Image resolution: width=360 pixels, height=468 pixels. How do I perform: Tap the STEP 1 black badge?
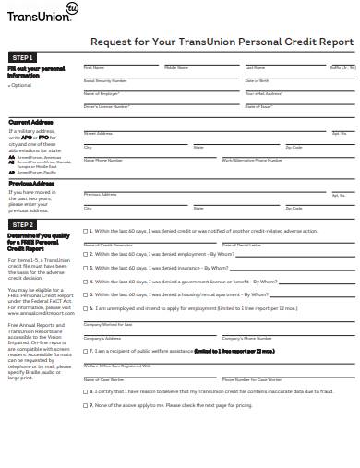[23, 57]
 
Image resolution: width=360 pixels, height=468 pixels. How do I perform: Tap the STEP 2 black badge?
[23, 224]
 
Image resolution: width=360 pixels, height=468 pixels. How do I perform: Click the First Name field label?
[93, 68]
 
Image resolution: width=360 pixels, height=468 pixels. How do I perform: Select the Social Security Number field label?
[104, 81]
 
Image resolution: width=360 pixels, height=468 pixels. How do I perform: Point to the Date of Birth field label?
[257, 81]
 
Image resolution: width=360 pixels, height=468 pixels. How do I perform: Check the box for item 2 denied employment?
[87, 254]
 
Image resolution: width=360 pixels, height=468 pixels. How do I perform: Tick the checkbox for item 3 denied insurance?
[87, 266]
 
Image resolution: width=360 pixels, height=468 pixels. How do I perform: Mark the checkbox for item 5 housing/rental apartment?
[87, 295]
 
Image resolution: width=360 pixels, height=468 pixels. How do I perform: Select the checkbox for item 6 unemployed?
[87, 308]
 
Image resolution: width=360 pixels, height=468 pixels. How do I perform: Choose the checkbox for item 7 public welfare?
[87, 352]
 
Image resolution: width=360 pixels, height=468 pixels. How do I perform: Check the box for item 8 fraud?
[87, 391]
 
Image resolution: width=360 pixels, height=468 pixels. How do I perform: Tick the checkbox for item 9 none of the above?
[87, 407]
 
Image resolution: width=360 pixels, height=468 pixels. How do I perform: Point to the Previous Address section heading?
[31, 183]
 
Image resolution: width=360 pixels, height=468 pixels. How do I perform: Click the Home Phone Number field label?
[103, 161]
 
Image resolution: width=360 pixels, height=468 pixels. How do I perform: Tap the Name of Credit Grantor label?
[105, 243]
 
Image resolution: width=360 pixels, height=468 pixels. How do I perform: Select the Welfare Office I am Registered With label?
[114, 365]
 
